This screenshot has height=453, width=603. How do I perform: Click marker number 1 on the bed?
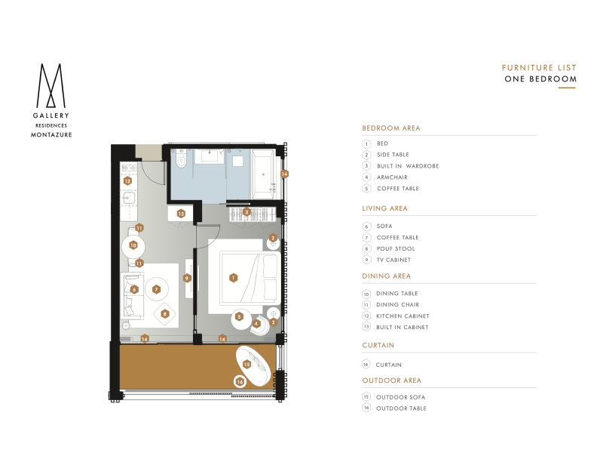pos(233,278)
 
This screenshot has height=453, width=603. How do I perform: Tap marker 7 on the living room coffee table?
pos(156,289)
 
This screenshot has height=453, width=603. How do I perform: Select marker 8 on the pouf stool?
pos(165,314)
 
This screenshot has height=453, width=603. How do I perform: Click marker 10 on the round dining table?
pos(133,245)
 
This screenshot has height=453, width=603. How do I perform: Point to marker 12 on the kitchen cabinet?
pos(127,180)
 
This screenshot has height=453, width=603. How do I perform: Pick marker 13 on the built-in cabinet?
pos(181,214)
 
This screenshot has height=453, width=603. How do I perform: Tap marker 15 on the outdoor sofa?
pos(247,364)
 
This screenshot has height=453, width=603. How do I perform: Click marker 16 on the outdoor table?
pos(240,382)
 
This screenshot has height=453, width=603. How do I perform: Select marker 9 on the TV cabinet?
pos(187,278)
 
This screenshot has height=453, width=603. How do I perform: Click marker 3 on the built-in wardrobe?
pos(247,212)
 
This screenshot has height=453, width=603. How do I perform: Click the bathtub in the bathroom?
pos(263,174)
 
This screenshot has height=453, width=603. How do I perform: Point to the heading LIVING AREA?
pos(384,208)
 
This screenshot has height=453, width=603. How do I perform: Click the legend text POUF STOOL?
pos(396,249)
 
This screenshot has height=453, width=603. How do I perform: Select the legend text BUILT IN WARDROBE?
pos(408,166)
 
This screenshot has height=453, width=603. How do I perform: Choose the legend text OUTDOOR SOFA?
pos(401,397)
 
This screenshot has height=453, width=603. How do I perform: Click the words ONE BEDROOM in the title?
pos(540,79)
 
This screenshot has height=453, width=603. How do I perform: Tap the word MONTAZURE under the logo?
pos(51,135)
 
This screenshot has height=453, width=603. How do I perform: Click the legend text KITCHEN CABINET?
pos(403,316)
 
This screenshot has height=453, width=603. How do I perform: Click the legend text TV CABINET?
pos(393,260)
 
